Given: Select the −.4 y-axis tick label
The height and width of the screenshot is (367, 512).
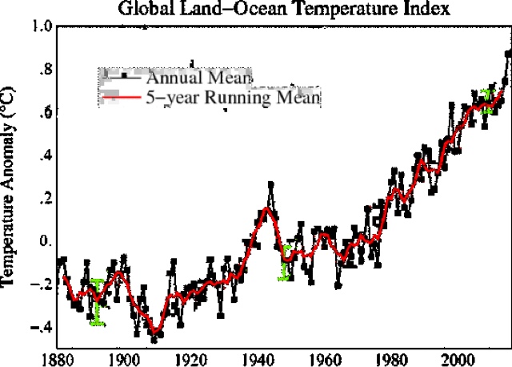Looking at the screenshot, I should tap(39, 326).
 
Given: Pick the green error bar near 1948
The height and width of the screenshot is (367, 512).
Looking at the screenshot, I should tap(284, 262).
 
